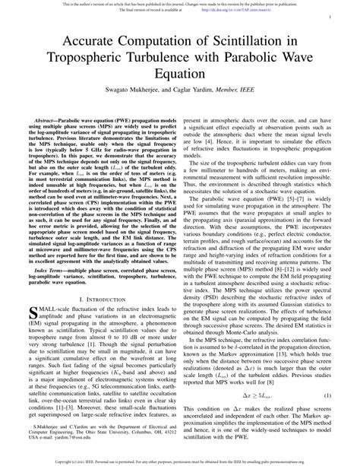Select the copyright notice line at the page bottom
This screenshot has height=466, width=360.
[180, 461]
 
